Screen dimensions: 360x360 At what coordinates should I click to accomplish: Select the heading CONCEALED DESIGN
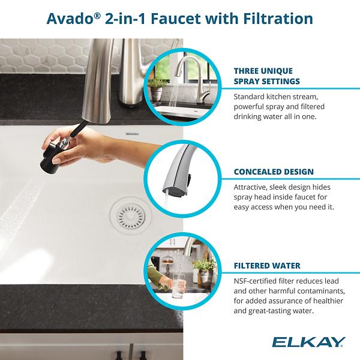pos(274,172)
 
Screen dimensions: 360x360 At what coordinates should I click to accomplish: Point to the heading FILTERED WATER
pos(267,265)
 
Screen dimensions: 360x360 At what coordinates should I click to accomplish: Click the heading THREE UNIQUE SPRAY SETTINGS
pos(266,76)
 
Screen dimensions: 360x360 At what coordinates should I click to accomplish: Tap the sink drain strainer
pos(127,213)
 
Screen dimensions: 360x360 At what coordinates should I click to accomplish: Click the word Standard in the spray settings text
pos(252,96)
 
